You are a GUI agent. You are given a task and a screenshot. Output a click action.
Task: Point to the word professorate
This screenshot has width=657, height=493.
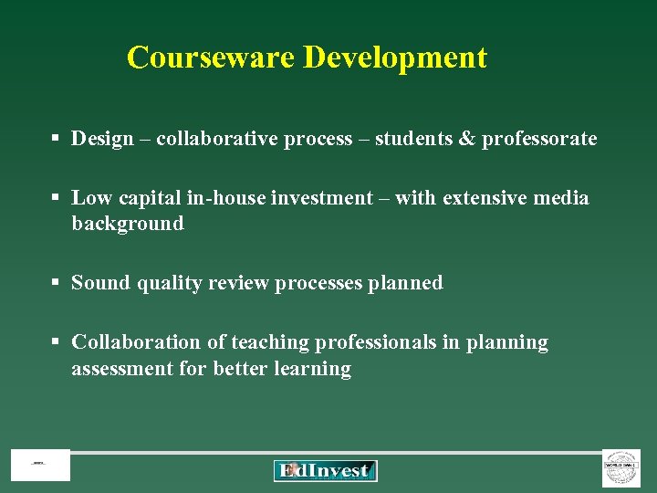(539, 139)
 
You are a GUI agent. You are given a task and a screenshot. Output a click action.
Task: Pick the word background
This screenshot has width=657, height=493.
(128, 224)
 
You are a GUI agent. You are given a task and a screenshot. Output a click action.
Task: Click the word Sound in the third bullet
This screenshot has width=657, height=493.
(101, 283)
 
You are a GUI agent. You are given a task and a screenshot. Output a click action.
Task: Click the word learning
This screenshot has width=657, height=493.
(313, 369)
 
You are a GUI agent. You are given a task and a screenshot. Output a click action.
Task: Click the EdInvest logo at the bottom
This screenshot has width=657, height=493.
(325, 470)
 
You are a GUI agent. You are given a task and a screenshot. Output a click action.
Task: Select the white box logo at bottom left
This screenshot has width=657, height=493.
(40, 465)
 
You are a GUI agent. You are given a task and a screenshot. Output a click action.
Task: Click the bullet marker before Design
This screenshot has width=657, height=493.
(56, 139)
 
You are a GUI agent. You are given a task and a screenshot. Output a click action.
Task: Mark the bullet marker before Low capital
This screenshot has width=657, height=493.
(56, 198)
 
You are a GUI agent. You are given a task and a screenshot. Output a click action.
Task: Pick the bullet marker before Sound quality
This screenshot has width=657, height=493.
(56, 283)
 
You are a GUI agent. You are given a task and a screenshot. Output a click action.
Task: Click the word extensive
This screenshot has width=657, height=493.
(488, 198)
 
